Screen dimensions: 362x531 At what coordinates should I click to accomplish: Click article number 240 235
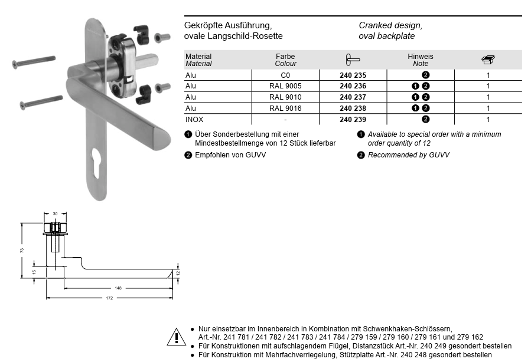point(353,75)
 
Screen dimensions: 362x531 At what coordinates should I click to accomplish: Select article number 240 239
point(353,120)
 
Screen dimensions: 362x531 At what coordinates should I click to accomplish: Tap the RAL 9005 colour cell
point(285,86)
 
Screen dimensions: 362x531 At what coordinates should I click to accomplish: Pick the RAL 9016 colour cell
point(285,108)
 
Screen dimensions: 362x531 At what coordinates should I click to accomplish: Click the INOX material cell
point(194,120)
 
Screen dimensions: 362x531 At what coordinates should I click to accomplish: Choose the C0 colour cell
point(285,75)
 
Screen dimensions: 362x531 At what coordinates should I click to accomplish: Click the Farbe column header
point(285,57)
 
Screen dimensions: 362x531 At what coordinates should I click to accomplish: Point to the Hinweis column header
point(421,57)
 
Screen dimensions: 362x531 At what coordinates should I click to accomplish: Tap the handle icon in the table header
point(353,60)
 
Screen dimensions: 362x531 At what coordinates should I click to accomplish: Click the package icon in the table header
point(488,60)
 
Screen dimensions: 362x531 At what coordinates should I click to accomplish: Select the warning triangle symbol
point(176,337)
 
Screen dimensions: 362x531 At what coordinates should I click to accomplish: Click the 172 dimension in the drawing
point(109,298)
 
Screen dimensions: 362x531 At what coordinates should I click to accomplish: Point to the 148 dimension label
point(118,288)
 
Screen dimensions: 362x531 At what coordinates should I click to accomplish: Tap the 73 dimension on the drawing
point(22,250)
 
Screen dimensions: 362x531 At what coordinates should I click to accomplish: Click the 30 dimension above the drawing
point(55,213)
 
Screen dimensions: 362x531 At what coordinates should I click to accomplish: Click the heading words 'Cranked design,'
point(390,26)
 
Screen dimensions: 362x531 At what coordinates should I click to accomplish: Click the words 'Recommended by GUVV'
point(408,155)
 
